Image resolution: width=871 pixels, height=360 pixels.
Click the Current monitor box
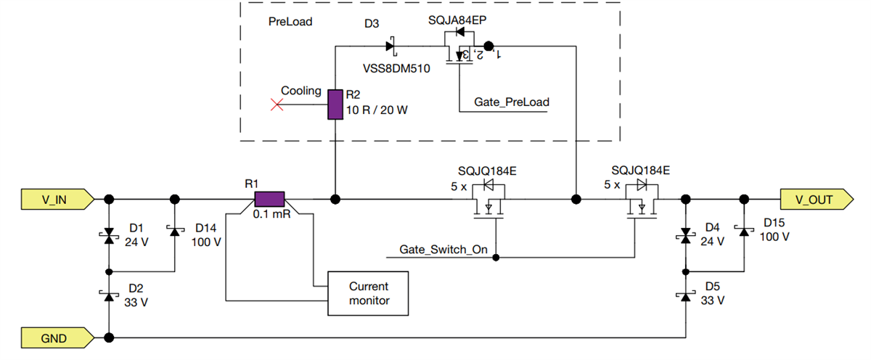tap(369, 294)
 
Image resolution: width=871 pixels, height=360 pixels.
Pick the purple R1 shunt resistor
tap(269, 199)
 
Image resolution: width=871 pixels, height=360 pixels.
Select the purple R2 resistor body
tap(335, 105)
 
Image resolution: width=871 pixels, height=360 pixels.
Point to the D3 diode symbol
tap(390, 46)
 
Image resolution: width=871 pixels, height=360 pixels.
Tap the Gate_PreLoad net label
tap(512, 102)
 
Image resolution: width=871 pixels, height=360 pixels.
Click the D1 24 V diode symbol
tap(109, 235)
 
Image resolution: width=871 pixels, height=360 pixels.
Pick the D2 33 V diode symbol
tap(109, 295)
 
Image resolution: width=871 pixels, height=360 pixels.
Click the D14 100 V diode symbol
tap(174, 231)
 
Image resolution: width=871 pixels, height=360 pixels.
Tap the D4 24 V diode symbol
tap(685, 235)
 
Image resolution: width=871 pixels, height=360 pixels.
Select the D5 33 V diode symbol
tap(685, 295)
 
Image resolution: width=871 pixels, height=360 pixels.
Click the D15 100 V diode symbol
tap(743, 231)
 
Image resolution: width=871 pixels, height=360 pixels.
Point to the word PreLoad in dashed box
tap(290, 22)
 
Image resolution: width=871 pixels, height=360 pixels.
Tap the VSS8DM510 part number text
tap(396, 69)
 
